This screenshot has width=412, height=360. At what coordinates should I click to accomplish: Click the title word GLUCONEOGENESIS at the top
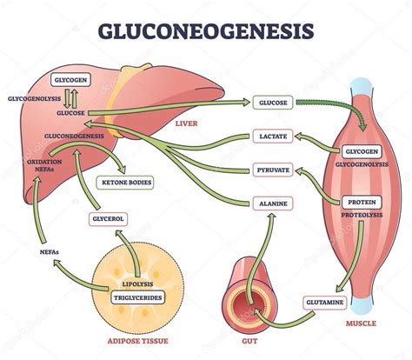click(206, 31)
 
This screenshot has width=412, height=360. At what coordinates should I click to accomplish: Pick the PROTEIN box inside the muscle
click(358, 202)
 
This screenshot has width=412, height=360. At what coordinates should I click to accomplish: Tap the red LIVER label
click(187, 123)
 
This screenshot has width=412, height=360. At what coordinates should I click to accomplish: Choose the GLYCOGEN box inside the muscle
click(358, 151)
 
